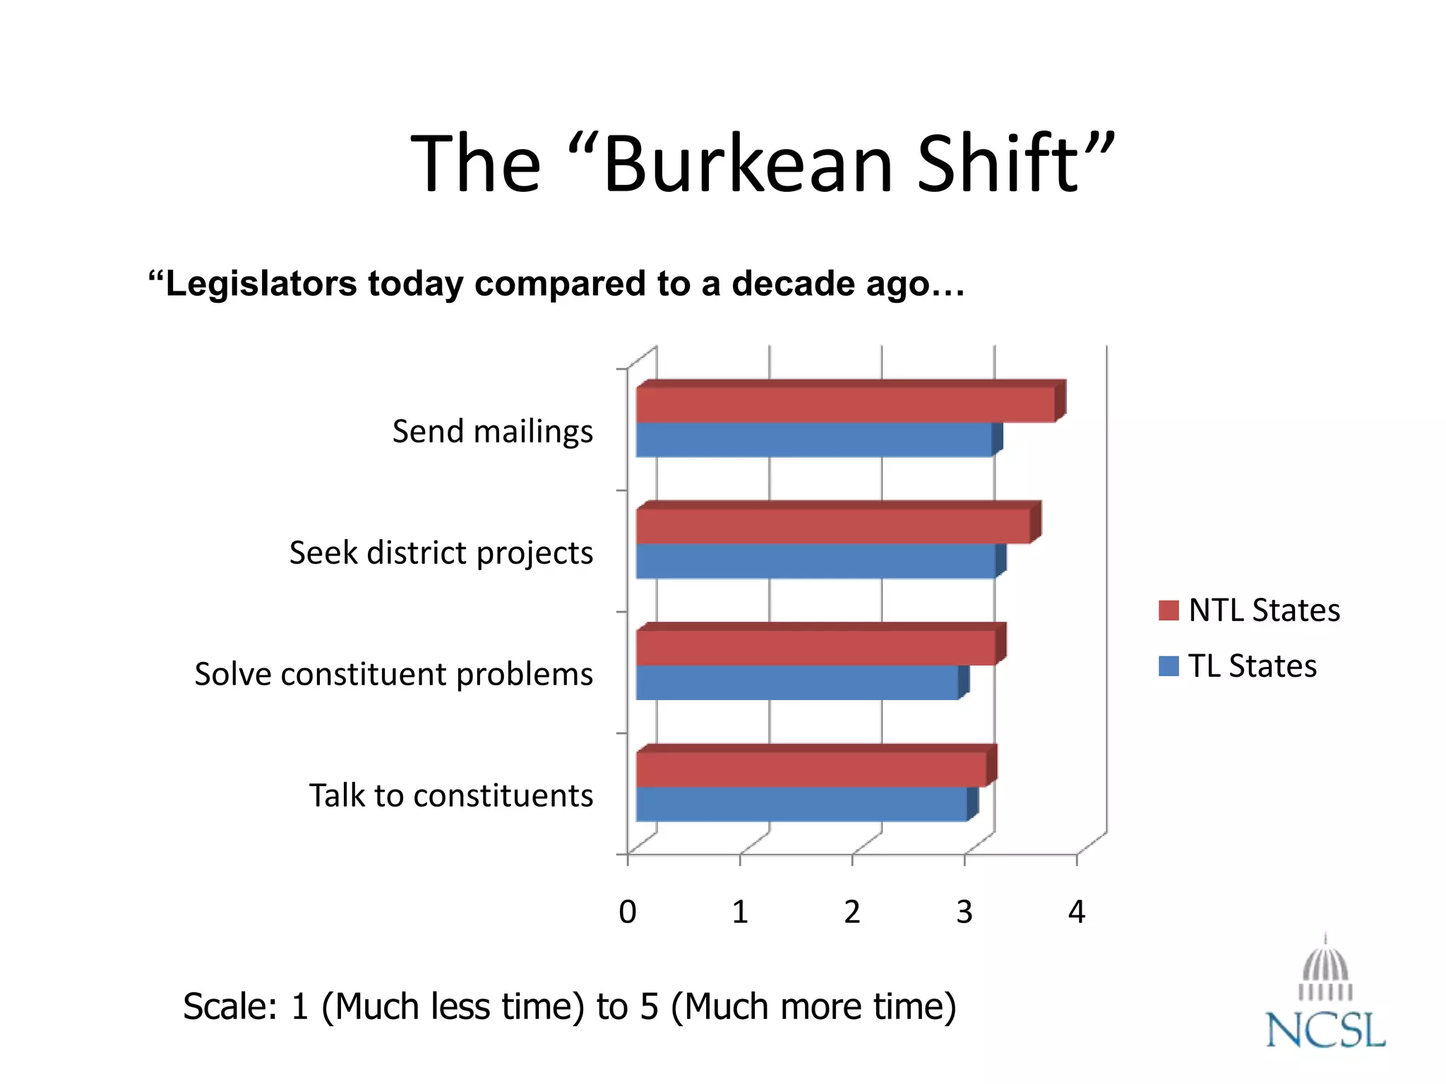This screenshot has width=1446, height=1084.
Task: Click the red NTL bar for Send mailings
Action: [x=846, y=404]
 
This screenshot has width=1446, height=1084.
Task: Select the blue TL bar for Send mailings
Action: [x=814, y=440]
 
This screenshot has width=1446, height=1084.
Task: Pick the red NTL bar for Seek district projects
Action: [x=833, y=526]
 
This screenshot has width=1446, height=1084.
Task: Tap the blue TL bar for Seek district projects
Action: [x=815, y=561]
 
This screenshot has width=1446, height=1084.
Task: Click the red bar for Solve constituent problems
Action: [x=815, y=647]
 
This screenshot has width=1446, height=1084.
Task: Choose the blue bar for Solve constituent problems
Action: [x=797, y=682]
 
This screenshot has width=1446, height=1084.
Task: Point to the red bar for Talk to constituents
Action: [x=811, y=769]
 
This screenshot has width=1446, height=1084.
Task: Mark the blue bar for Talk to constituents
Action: [x=801, y=804]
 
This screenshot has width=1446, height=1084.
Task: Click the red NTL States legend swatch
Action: [x=1169, y=610]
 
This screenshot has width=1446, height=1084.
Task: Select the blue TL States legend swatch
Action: [x=1169, y=666]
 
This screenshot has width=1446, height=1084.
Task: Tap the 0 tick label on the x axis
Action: [x=628, y=912]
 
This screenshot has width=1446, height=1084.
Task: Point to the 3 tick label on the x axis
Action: [x=964, y=912]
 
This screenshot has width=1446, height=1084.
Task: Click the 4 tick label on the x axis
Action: [x=1077, y=912]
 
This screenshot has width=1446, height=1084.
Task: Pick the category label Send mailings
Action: [x=493, y=432]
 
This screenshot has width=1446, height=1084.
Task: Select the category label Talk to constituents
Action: [x=451, y=796]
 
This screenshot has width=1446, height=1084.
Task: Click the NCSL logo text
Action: [x=1325, y=1030]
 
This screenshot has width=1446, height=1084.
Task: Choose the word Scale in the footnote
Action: [x=230, y=1006]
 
